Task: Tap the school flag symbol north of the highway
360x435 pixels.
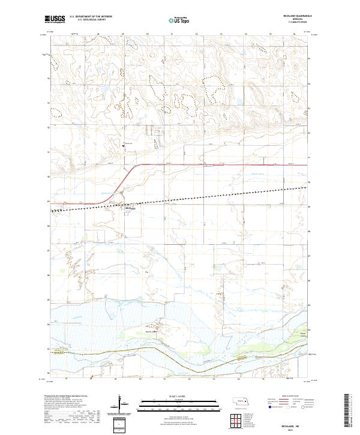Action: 124,143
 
